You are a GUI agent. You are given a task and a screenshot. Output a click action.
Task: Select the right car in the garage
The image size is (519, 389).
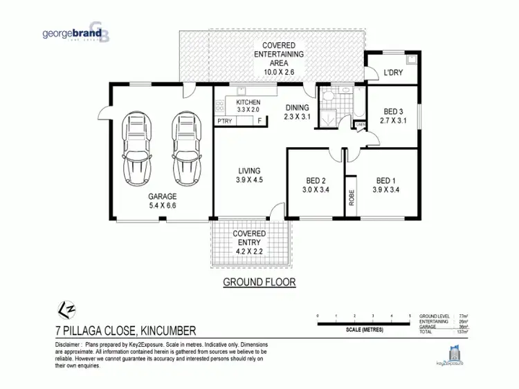click(185, 147)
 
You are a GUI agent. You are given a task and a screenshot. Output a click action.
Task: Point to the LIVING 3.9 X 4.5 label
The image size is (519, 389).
click(249, 175)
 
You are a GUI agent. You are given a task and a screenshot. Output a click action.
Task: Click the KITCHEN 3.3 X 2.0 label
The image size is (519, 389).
click(248, 106)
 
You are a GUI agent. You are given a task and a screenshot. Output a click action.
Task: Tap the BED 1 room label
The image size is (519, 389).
click(386, 181)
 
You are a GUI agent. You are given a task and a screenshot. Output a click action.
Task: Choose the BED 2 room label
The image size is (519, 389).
click(316, 181)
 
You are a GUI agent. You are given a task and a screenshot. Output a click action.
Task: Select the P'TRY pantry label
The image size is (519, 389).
click(225, 121)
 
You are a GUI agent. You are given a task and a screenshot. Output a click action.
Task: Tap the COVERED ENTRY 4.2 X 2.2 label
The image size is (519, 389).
click(249, 243)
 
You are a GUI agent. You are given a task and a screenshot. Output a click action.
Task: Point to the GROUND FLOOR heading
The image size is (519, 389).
click(259, 282)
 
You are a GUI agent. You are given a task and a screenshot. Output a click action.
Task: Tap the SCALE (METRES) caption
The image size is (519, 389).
click(363, 329)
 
